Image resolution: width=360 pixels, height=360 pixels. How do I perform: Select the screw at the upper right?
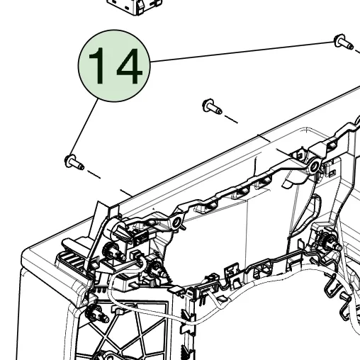pos(344,43)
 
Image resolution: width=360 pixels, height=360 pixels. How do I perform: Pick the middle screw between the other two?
pos(212,106)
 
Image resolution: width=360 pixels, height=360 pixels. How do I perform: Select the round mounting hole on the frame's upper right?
pos(313,167)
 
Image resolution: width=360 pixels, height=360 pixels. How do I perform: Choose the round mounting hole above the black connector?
pos(175,225)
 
